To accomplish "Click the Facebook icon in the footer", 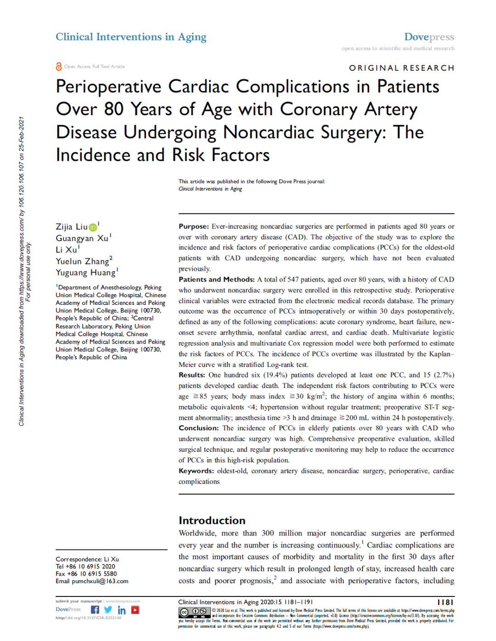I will [95, 610].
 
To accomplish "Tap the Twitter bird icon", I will [108, 610].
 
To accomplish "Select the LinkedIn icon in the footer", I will [121, 610].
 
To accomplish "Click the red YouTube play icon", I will [135, 610].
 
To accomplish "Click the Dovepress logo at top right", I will [429, 37].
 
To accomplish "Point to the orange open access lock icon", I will [59, 67].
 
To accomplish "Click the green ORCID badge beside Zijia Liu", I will [93, 227].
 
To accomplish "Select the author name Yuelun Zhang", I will [83, 261].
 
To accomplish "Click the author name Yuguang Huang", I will [86, 273].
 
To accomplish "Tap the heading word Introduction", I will [212, 520].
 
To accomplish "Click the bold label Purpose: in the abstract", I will [194, 226].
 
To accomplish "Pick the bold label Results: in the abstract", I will [192, 375].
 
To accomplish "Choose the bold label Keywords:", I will [196, 471].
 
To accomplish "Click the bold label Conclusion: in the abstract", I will [198, 428].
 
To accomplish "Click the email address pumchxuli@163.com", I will [100, 581].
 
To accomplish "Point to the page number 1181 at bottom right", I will [445, 602].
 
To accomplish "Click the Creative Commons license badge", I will [194, 612].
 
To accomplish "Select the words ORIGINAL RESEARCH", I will [401, 68].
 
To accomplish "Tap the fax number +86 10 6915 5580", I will [92, 574].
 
